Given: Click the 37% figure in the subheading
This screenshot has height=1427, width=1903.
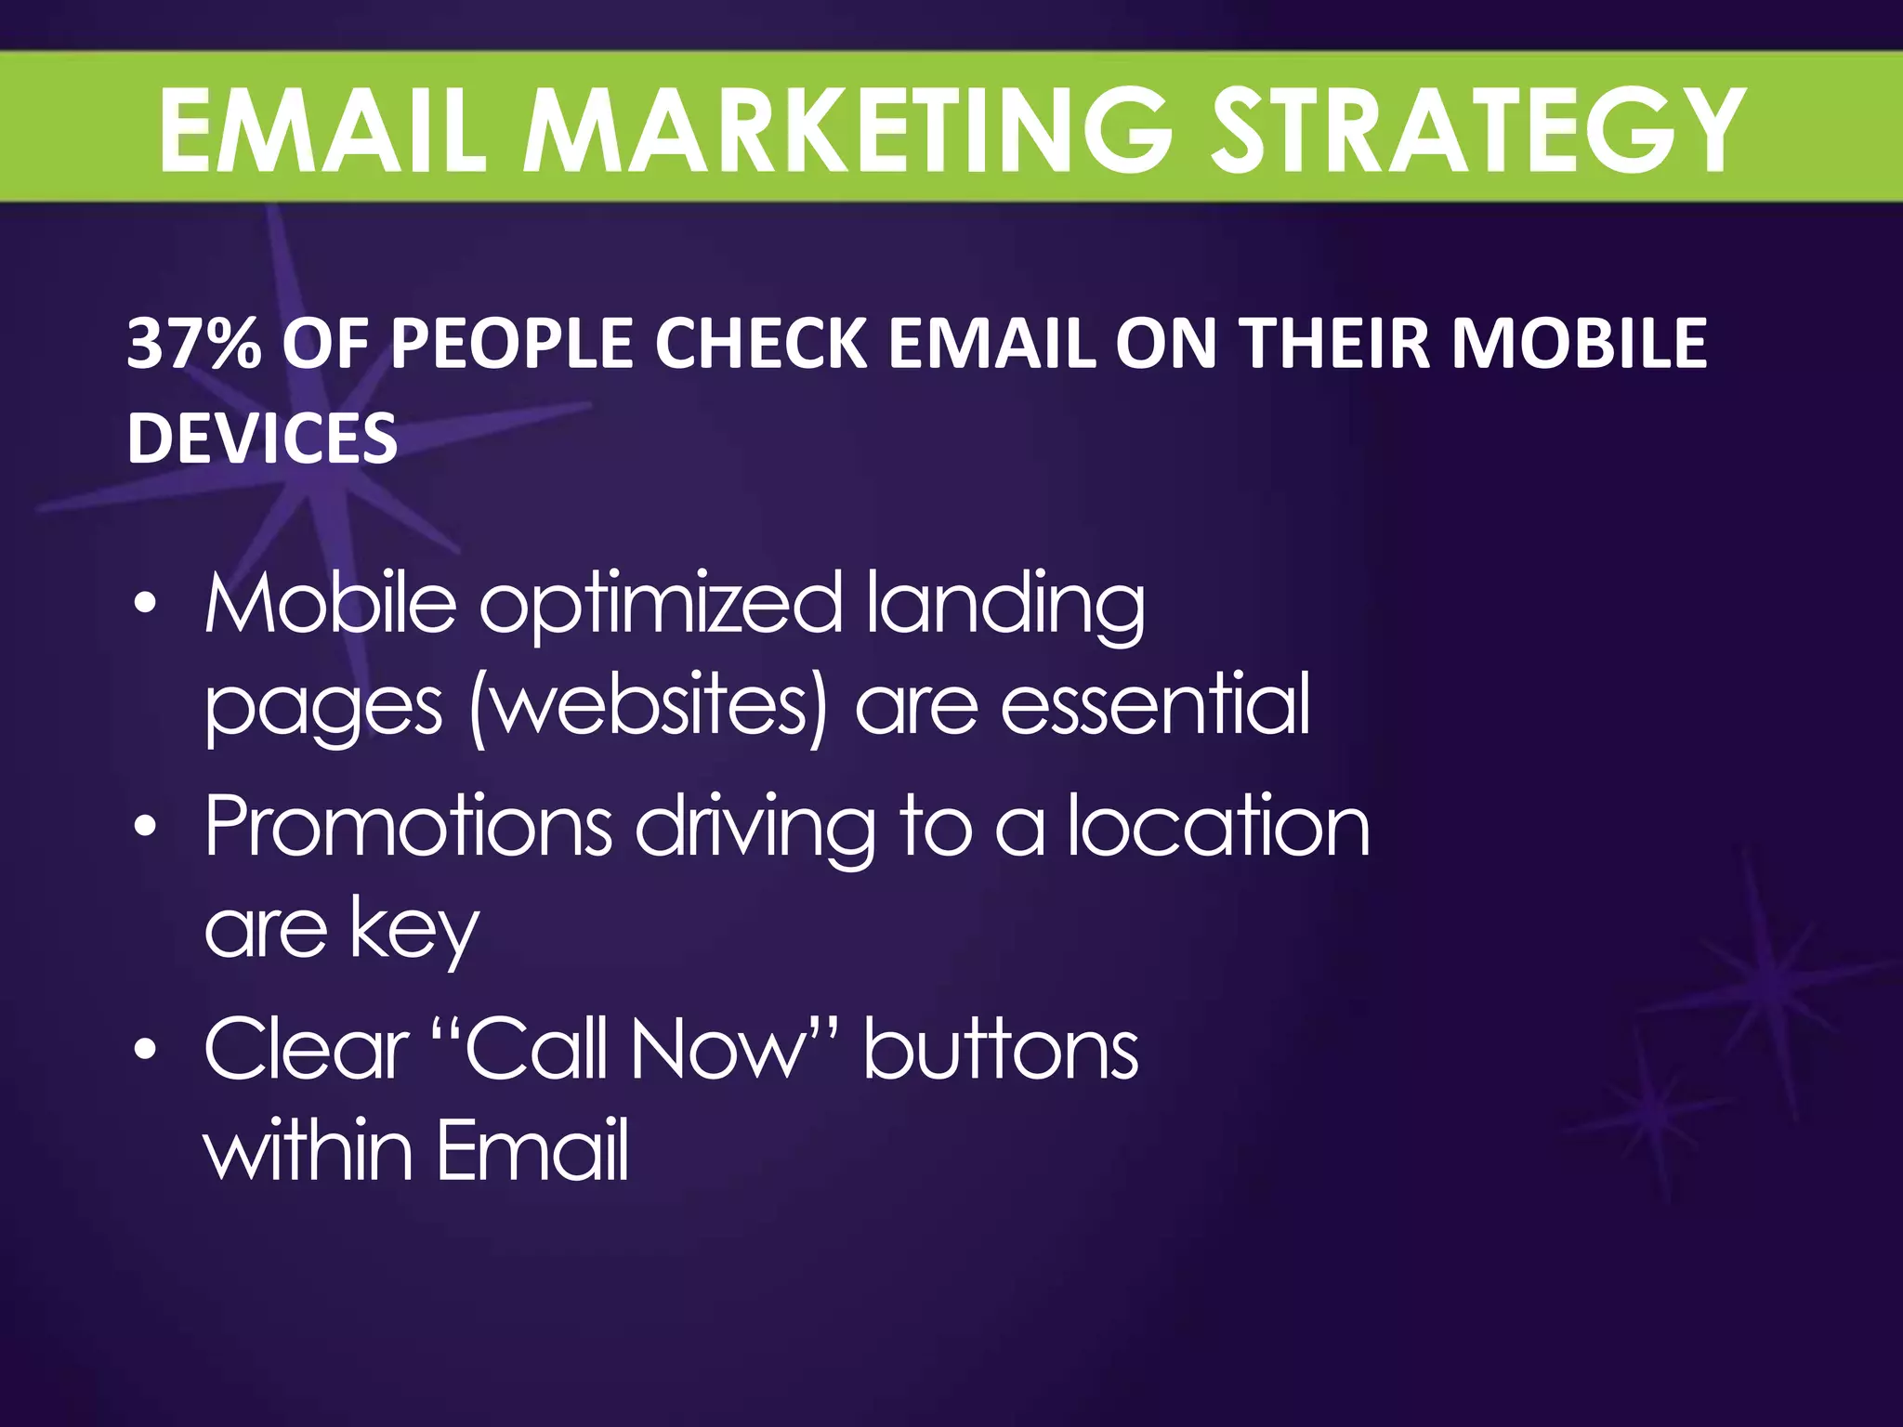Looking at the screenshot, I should click(x=193, y=343).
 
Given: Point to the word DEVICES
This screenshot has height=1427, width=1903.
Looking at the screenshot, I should click(x=262, y=438).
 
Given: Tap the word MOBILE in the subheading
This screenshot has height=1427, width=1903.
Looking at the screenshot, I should click(x=1579, y=343).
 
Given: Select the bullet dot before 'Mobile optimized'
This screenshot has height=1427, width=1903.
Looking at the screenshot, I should click(x=144, y=605).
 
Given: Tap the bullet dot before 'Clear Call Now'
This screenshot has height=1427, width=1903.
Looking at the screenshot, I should click(x=144, y=1049).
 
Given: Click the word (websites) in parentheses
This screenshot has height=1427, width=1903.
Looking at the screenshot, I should click(x=649, y=706).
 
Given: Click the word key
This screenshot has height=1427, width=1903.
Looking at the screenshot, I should click(x=414, y=931).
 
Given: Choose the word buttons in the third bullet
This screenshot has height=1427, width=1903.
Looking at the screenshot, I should click(x=1001, y=1049).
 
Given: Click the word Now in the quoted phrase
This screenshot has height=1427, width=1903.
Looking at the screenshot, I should click(x=716, y=1049).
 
